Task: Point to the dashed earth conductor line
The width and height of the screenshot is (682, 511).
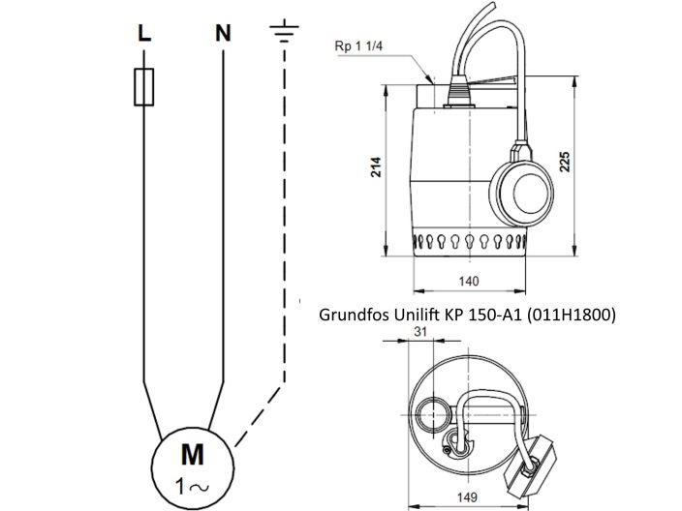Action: (285, 242)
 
